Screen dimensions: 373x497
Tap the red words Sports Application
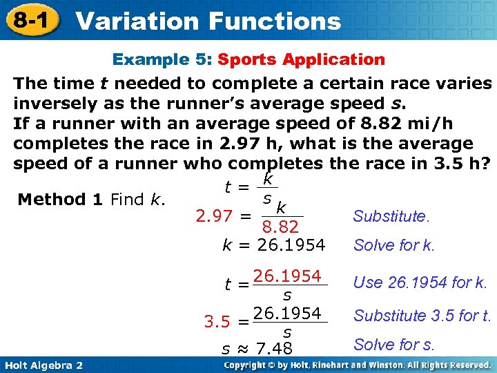tap(302, 59)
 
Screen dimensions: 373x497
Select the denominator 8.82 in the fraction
tap(280, 227)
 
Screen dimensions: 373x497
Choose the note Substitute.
tap(390, 216)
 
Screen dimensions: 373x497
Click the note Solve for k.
tap(394, 245)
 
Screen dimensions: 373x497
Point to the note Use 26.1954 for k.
tap(420, 282)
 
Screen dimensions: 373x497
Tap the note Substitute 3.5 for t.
tap(422, 316)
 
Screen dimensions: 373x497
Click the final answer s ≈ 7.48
tap(257, 348)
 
